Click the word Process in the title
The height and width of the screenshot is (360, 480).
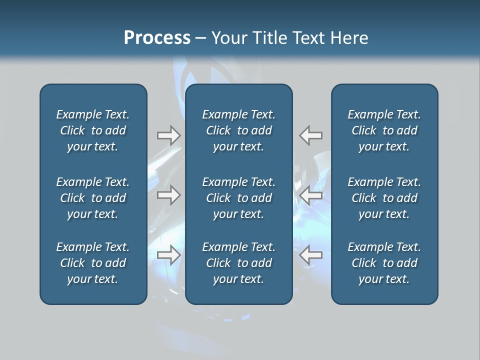click(x=157, y=38)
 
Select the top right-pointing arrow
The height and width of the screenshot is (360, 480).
click(x=168, y=135)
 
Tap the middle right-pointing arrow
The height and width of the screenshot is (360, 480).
click(x=168, y=195)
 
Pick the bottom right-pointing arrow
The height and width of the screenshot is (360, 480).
click(x=168, y=255)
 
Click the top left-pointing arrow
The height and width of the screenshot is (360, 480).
click(x=311, y=135)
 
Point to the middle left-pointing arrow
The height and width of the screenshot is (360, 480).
click(x=311, y=195)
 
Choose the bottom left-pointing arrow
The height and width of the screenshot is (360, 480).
click(x=311, y=255)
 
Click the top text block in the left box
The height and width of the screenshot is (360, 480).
click(x=93, y=130)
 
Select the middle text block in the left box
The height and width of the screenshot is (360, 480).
click(x=93, y=198)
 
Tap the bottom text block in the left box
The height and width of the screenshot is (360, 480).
click(x=93, y=263)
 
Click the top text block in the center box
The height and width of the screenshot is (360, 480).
click(x=238, y=130)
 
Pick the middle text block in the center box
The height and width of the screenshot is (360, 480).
click(x=238, y=198)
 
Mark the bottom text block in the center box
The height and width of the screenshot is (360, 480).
click(x=238, y=263)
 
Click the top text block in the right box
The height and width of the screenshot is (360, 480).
click(x=384, y=130)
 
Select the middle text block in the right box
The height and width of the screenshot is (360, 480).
click(x=384, y=198)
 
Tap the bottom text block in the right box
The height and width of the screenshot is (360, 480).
click(x=384, y=263)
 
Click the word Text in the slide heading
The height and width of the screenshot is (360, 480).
click(x=306, y=38)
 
